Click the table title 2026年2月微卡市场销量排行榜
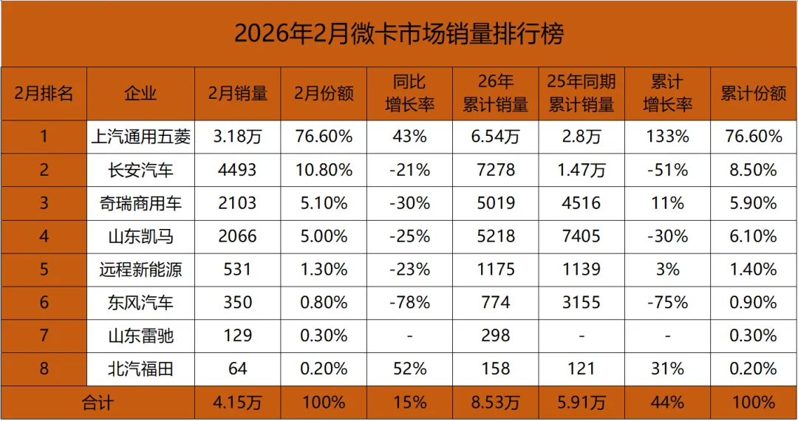[399, 34]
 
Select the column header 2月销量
[238, 93]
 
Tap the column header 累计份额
[753, 93]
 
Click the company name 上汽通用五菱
[141, 137]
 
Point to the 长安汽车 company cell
[141, 170]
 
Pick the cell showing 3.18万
[238, 137]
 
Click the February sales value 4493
[238, 170]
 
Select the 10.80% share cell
[324, 170]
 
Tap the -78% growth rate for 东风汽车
[409, 303]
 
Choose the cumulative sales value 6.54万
[495, 137]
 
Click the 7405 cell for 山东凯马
[582, 236]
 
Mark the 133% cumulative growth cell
[667, 137]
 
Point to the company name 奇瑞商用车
[141, 203]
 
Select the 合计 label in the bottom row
[98, 403]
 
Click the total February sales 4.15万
[238, 403]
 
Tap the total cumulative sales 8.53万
[495, 403]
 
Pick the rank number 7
[44, 336]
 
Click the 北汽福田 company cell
[141, 369]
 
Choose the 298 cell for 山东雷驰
[495, 336]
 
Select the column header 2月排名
[44, 93]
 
